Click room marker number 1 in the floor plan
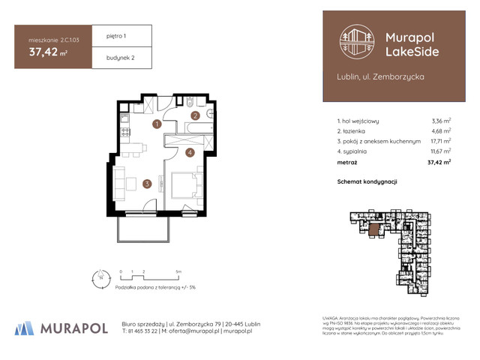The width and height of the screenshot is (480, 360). [157, 124]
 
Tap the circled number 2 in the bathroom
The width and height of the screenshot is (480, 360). [194, 115]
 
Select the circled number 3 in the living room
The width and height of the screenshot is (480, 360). [148, 182]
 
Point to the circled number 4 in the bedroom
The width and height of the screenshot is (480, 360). [190, 153]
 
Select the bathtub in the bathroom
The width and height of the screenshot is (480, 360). [199, 130]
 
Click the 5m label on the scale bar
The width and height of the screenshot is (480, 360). [177, 270]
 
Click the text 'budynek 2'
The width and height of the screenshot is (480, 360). [110, 58]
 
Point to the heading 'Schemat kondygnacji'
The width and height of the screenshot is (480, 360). [367, 182]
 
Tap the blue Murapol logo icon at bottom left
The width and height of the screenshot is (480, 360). [25, 328]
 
